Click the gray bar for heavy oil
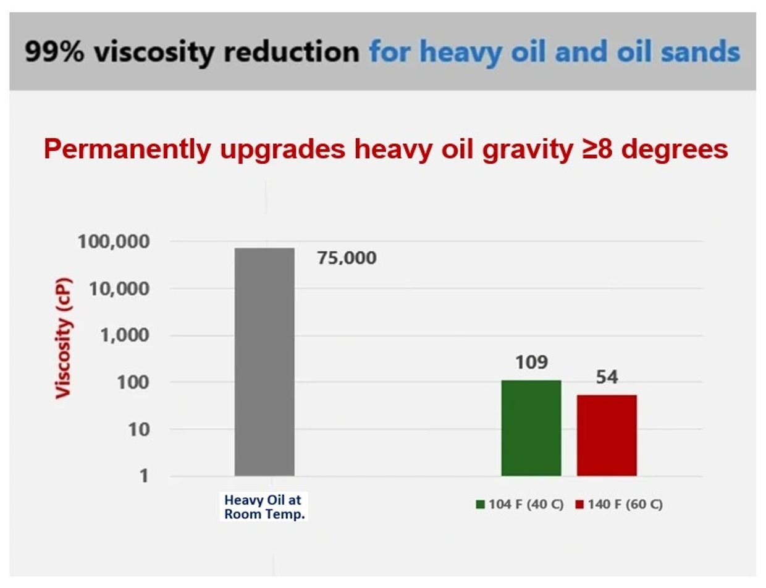(264, 362)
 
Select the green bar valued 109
(531, 428)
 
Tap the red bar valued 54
(607, 435)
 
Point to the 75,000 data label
(347, 258)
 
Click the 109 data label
(532, 363)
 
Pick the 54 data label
(607, 377)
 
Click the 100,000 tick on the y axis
(114, 242)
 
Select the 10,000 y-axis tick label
(119, 289)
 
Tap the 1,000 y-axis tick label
(125, 335)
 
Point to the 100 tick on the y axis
(133, 382)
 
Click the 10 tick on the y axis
(139, 430)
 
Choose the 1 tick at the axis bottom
(144, 476)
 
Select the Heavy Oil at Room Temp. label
(264, 507)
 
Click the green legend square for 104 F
(480, 505)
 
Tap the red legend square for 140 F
(579, 505)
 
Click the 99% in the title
(55, 51)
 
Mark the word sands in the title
(701, 51)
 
